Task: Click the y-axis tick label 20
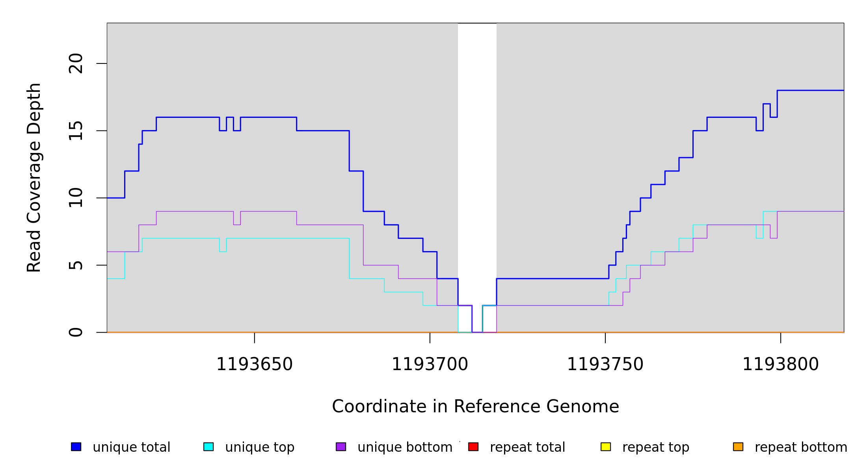[76, 63]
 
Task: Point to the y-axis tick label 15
[76, 131]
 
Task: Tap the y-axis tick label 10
[76, 198]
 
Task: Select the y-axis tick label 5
[76, 265]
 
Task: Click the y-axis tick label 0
[76, 332]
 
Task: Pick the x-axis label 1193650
[255, 365]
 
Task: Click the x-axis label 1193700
[430, 365]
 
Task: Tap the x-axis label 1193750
[605, 365]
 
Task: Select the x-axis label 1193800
[781, 365]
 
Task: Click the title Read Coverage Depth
[34, 177]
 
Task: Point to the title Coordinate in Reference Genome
[475, 407]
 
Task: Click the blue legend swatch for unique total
[76, 447]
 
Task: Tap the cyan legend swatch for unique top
[208, 447]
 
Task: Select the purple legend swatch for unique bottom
[341, 447]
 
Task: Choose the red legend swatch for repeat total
[473, 447]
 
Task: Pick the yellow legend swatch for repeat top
[606, 447]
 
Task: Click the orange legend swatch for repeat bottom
[738, 447]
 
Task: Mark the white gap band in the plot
[477, 158]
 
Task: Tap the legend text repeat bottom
[801, 447]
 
